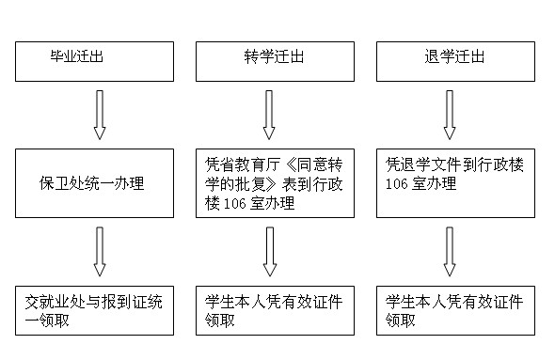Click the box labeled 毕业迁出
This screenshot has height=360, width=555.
pyautogui.click(x=94, y=59)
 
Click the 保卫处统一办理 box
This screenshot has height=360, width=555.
pyautogui.click(x=94, y=182)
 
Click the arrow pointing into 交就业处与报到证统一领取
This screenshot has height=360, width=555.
pyautogui.click(x=100, y=251)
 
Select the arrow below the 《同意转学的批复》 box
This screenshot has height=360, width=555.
pyautogui.click(x=269, y=251)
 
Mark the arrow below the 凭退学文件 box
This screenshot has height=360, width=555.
pyautogui.click(x=450, y=251)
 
